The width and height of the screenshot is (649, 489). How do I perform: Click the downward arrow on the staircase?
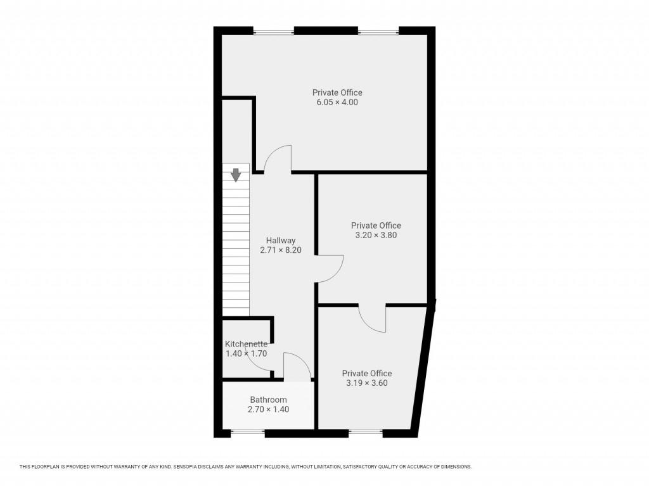tap(236, 175)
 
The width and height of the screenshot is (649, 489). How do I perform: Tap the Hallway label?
tap(281, 241)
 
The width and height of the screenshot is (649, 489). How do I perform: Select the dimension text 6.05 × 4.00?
tap(337, 102)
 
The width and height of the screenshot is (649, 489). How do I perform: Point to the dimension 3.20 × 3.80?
tap(376, 235)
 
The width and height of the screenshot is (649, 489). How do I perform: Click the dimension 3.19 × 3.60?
tap(366, 383)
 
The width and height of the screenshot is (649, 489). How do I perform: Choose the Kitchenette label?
tap(246, 344)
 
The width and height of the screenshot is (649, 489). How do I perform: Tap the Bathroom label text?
tap(268, 400)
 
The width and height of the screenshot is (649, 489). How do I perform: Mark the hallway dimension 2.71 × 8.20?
tap(281, 250)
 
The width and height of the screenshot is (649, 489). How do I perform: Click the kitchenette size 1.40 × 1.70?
tap(246, 353)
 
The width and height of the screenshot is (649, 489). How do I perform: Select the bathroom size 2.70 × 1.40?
tap(268, 409)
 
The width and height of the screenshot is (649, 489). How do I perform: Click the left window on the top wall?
tap(274, 30)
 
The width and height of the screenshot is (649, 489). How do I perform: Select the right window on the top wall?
tap(378, 30)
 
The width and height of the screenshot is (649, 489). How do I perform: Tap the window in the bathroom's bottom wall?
tap(247, 433)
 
